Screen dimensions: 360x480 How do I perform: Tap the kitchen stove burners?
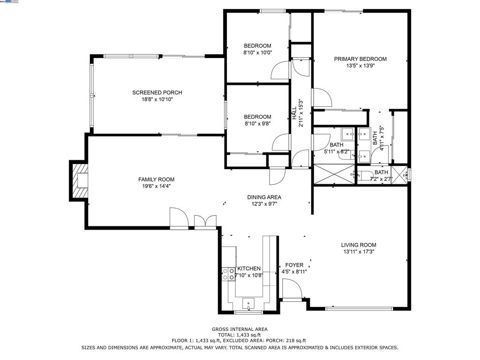(229, 274)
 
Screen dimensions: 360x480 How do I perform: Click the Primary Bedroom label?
(360, 59)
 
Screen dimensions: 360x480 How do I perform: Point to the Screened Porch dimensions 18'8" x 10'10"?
(157, 99)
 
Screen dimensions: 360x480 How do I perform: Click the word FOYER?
(294, 265)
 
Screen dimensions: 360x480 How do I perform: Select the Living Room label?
(359, 245)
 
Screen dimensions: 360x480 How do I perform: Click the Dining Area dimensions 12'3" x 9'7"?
(264, 204)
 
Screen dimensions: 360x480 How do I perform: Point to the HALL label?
(294, 113)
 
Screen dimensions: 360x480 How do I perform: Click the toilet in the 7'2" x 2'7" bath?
(364, 176)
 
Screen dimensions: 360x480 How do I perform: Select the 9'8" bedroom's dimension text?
(257, 124)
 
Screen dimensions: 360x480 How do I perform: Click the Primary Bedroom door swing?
(322, 97)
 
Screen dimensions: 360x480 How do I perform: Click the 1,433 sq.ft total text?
(240, 335)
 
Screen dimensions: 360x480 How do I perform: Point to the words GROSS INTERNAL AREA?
(240, 329)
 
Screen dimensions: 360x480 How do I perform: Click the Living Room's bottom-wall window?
(359, 308)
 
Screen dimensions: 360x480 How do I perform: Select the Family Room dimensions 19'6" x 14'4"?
(156, 186)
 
